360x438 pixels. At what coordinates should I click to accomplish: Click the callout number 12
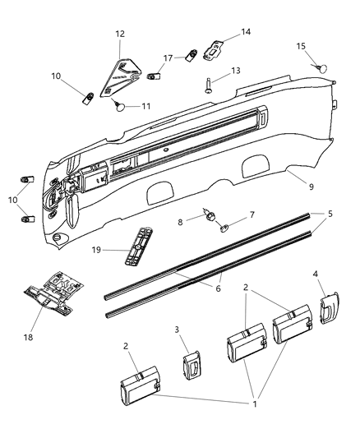pyautogui.click(x=120, y=34)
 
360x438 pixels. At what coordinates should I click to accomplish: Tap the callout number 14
pyautogui.click(x=246, y=32)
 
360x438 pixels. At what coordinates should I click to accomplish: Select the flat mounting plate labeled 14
pyautogui.click(x=214, y=50)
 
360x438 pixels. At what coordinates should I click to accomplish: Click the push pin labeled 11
pyautogui.click(x=121, y=104)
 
